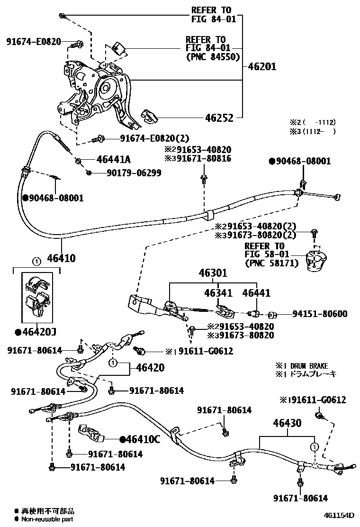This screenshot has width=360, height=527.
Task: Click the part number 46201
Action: coord(262,66)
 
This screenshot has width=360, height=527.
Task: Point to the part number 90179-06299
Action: coord(134,173)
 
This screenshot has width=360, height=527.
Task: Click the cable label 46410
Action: coord(61,258)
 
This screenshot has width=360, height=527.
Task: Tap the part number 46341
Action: coord(219,294)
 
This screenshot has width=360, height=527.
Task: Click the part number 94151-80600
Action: coord(319,314)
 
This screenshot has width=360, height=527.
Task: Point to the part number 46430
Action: coord(287,423)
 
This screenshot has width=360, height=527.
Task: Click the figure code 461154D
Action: coord(339,515)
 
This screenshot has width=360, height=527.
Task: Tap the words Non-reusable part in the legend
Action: coord(47,519)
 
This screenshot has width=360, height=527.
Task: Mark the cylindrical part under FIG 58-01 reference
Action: coord(314,262)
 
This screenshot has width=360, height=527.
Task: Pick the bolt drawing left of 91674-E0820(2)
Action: coord(99,139)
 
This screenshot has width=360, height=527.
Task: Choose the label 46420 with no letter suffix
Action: coord(150,368)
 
